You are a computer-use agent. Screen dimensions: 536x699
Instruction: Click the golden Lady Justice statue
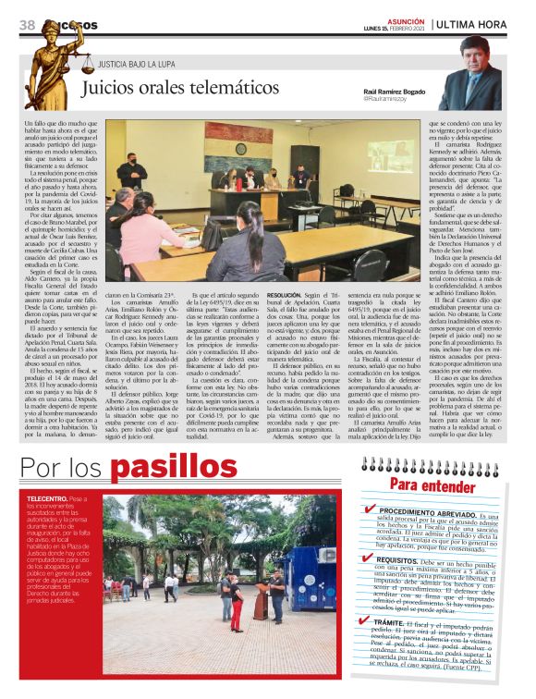52,65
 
